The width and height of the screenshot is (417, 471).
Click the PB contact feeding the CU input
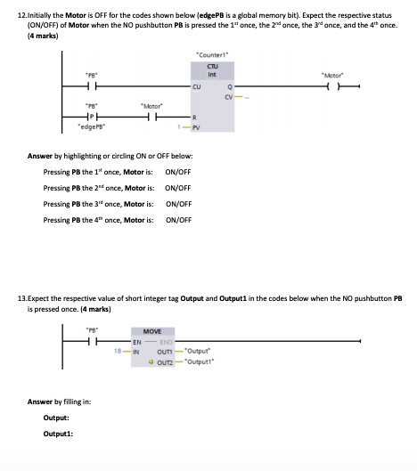[x=91, y=86]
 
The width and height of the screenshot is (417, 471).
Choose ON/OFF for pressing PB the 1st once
[x=178, y=171]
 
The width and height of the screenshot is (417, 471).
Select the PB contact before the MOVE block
[x=92, y=342]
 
